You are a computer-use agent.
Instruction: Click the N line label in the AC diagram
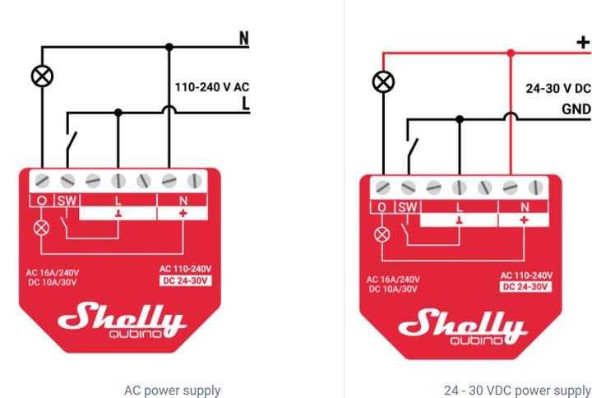(243, 39)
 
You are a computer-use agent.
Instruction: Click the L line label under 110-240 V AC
(244, 104)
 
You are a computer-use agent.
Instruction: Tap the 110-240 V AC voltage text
(211, 86)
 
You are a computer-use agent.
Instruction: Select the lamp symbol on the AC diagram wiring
(42, 76)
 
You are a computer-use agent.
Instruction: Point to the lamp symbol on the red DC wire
(383, 81)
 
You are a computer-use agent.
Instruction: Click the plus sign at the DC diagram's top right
(584, 43)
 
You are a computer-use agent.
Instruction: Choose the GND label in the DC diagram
(576, 109)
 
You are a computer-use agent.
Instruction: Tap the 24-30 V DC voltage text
(558, 89)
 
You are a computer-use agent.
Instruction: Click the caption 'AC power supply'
(172, 390)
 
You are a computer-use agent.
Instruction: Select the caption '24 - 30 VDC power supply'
(517, 390)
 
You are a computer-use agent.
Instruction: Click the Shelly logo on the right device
(462, 326)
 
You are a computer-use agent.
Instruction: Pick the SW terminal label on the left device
(67, 200)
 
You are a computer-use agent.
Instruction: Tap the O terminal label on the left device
(42, 200)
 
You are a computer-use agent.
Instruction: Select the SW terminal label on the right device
(408, 207)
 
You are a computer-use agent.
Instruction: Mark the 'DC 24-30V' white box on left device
(185, 280)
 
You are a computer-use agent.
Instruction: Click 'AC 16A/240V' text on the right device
(394, 280)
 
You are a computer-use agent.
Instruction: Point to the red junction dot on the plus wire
(511, 53)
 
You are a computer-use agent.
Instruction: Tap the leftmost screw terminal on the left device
(42, 179)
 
